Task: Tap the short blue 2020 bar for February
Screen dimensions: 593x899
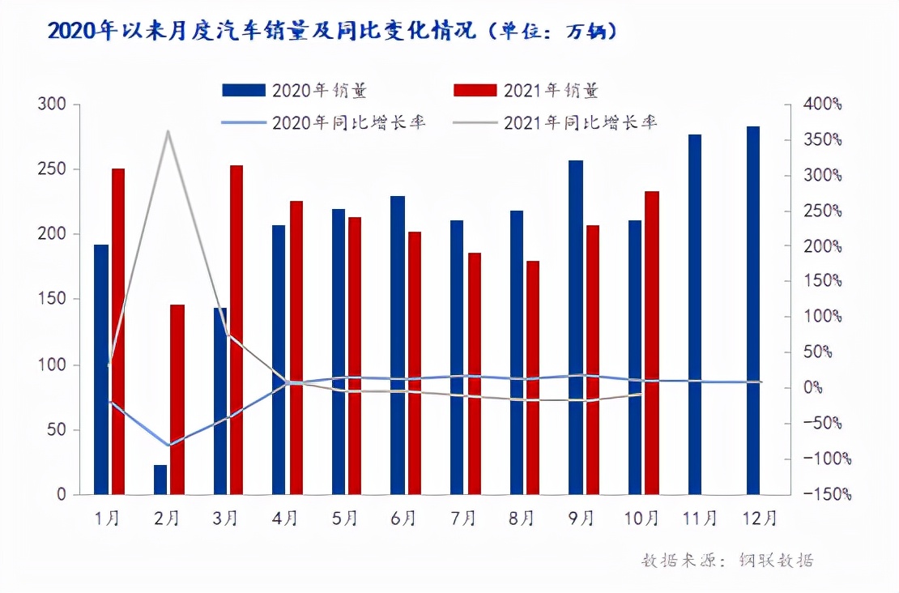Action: click(x=160, y=480)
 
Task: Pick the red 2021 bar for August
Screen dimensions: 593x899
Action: click(x=532, y=378)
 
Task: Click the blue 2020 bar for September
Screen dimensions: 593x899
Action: click(x=575, y=327)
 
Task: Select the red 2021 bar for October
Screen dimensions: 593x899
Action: click(x=652, y=343)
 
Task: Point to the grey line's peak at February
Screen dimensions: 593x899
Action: click(x=168, y=131)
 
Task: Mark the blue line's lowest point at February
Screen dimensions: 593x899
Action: click(x=168, y=446)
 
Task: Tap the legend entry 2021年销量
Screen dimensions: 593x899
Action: click(x=526, y=90)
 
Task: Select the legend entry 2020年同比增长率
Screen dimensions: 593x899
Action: click(x=324, y=123)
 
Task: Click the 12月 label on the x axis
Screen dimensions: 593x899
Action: click(x=760, y=518)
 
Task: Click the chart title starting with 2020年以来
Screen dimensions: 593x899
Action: click(x=332, y=32)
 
